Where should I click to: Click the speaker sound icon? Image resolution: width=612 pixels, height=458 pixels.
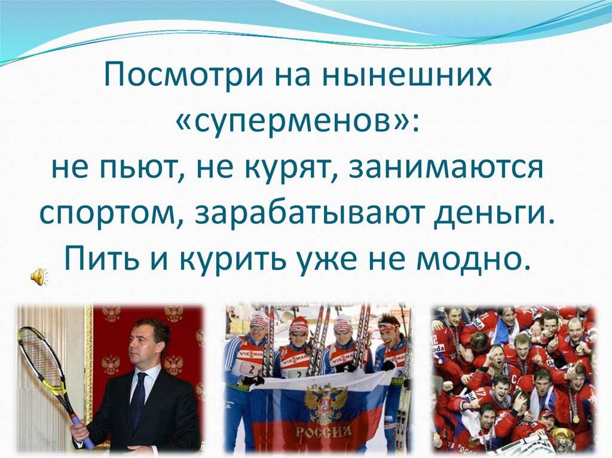[38, 276]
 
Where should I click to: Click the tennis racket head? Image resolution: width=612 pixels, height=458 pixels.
[40, 358]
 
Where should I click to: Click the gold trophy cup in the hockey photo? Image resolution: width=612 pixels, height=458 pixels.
[562, 438]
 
